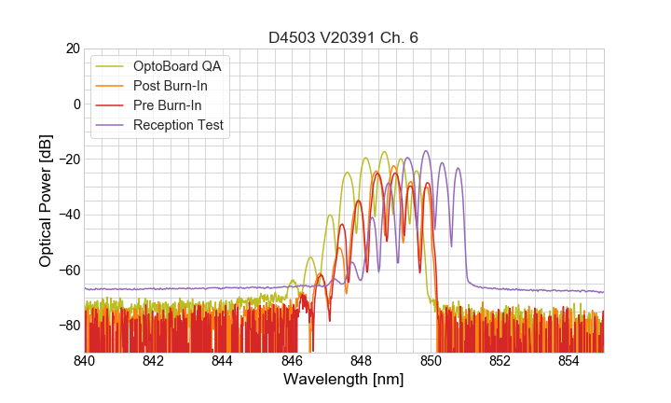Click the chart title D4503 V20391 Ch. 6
pyautogui.click(x=344, y=37)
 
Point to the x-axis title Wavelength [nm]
pyautogui.click(x=344, y=380)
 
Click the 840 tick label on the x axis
pyautogui.click(x=85, y=361)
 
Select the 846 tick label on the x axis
pyautogui.click(x=292, y=361)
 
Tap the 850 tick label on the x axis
pyautogui.click(x=431, y=361)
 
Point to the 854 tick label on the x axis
pyautogui.click(x=568, y=361)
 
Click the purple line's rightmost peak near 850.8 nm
pyautogui.click(x=458, y=169)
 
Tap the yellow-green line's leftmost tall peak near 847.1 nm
pyautogui.click(x=329, y=215)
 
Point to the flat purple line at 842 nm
pyautogui.click(x=154, y=289)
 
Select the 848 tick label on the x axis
pyautogui.click(x=362, y=361)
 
